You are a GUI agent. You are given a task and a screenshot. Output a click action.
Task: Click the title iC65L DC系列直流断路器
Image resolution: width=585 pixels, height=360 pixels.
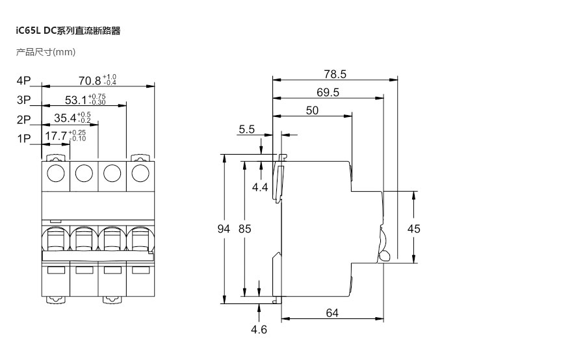(68, 31)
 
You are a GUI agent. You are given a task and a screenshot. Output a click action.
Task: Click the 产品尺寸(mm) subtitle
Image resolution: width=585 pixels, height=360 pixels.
(46, 52)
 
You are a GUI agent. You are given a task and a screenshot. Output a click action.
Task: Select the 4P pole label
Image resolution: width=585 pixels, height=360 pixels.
(24, 81)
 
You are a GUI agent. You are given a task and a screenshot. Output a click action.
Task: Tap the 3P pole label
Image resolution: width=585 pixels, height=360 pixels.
(24, 100)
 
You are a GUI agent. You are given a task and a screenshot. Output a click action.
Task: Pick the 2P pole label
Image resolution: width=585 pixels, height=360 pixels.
(24, 120)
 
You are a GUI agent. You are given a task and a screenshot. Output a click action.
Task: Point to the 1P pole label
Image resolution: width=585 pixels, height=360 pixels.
(24, 138)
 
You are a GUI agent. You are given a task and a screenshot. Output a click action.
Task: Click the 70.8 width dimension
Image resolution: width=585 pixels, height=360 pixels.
(90, 81)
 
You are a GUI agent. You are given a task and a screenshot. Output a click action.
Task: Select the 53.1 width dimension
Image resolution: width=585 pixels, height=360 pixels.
(77, 100)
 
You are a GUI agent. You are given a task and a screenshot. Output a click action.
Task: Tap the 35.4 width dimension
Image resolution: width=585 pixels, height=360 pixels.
(65, 118)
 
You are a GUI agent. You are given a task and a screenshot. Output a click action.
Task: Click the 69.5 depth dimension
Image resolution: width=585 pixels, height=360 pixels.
(328, 92)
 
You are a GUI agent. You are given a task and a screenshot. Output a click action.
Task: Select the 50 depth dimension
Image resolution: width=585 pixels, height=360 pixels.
(312, 110)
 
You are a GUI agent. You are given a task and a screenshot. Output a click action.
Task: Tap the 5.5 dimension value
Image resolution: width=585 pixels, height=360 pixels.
(246, 129)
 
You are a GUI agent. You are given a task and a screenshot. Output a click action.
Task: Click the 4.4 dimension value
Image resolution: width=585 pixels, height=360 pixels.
(261, 187)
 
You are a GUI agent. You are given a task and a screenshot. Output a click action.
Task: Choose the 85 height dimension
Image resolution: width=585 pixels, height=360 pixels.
(244, 229)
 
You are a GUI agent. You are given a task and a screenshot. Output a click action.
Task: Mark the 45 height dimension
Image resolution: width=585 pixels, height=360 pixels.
(413, 229)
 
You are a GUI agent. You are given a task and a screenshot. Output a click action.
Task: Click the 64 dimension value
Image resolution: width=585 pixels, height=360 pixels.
(332, 313)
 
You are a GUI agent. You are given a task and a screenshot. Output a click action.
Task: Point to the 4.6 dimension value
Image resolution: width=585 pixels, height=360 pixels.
(259, 329)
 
